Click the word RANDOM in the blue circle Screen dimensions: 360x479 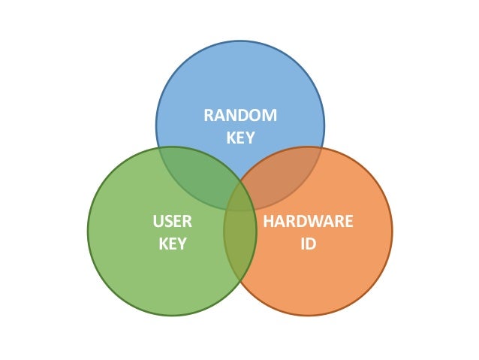240,115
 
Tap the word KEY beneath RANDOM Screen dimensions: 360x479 240,138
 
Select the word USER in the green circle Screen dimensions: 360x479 172,222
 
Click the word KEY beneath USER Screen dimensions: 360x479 172,244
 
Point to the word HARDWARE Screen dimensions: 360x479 308,222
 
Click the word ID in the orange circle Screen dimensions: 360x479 308,244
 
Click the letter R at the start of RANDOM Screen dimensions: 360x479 209,115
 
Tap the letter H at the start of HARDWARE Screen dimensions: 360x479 268,222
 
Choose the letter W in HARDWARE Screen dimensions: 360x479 316,222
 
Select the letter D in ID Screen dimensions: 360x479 311,244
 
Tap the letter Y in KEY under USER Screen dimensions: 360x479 182,244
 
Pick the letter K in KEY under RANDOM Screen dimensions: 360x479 230,138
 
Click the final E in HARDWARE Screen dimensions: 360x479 348,222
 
